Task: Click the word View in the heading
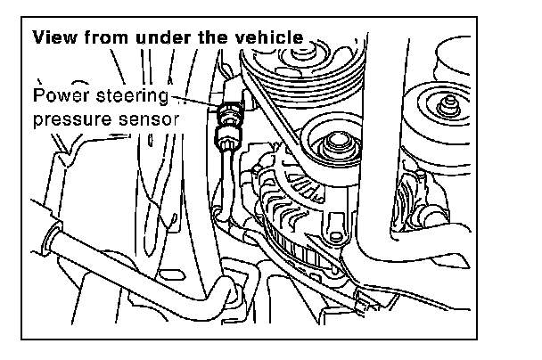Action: point(53,39)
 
